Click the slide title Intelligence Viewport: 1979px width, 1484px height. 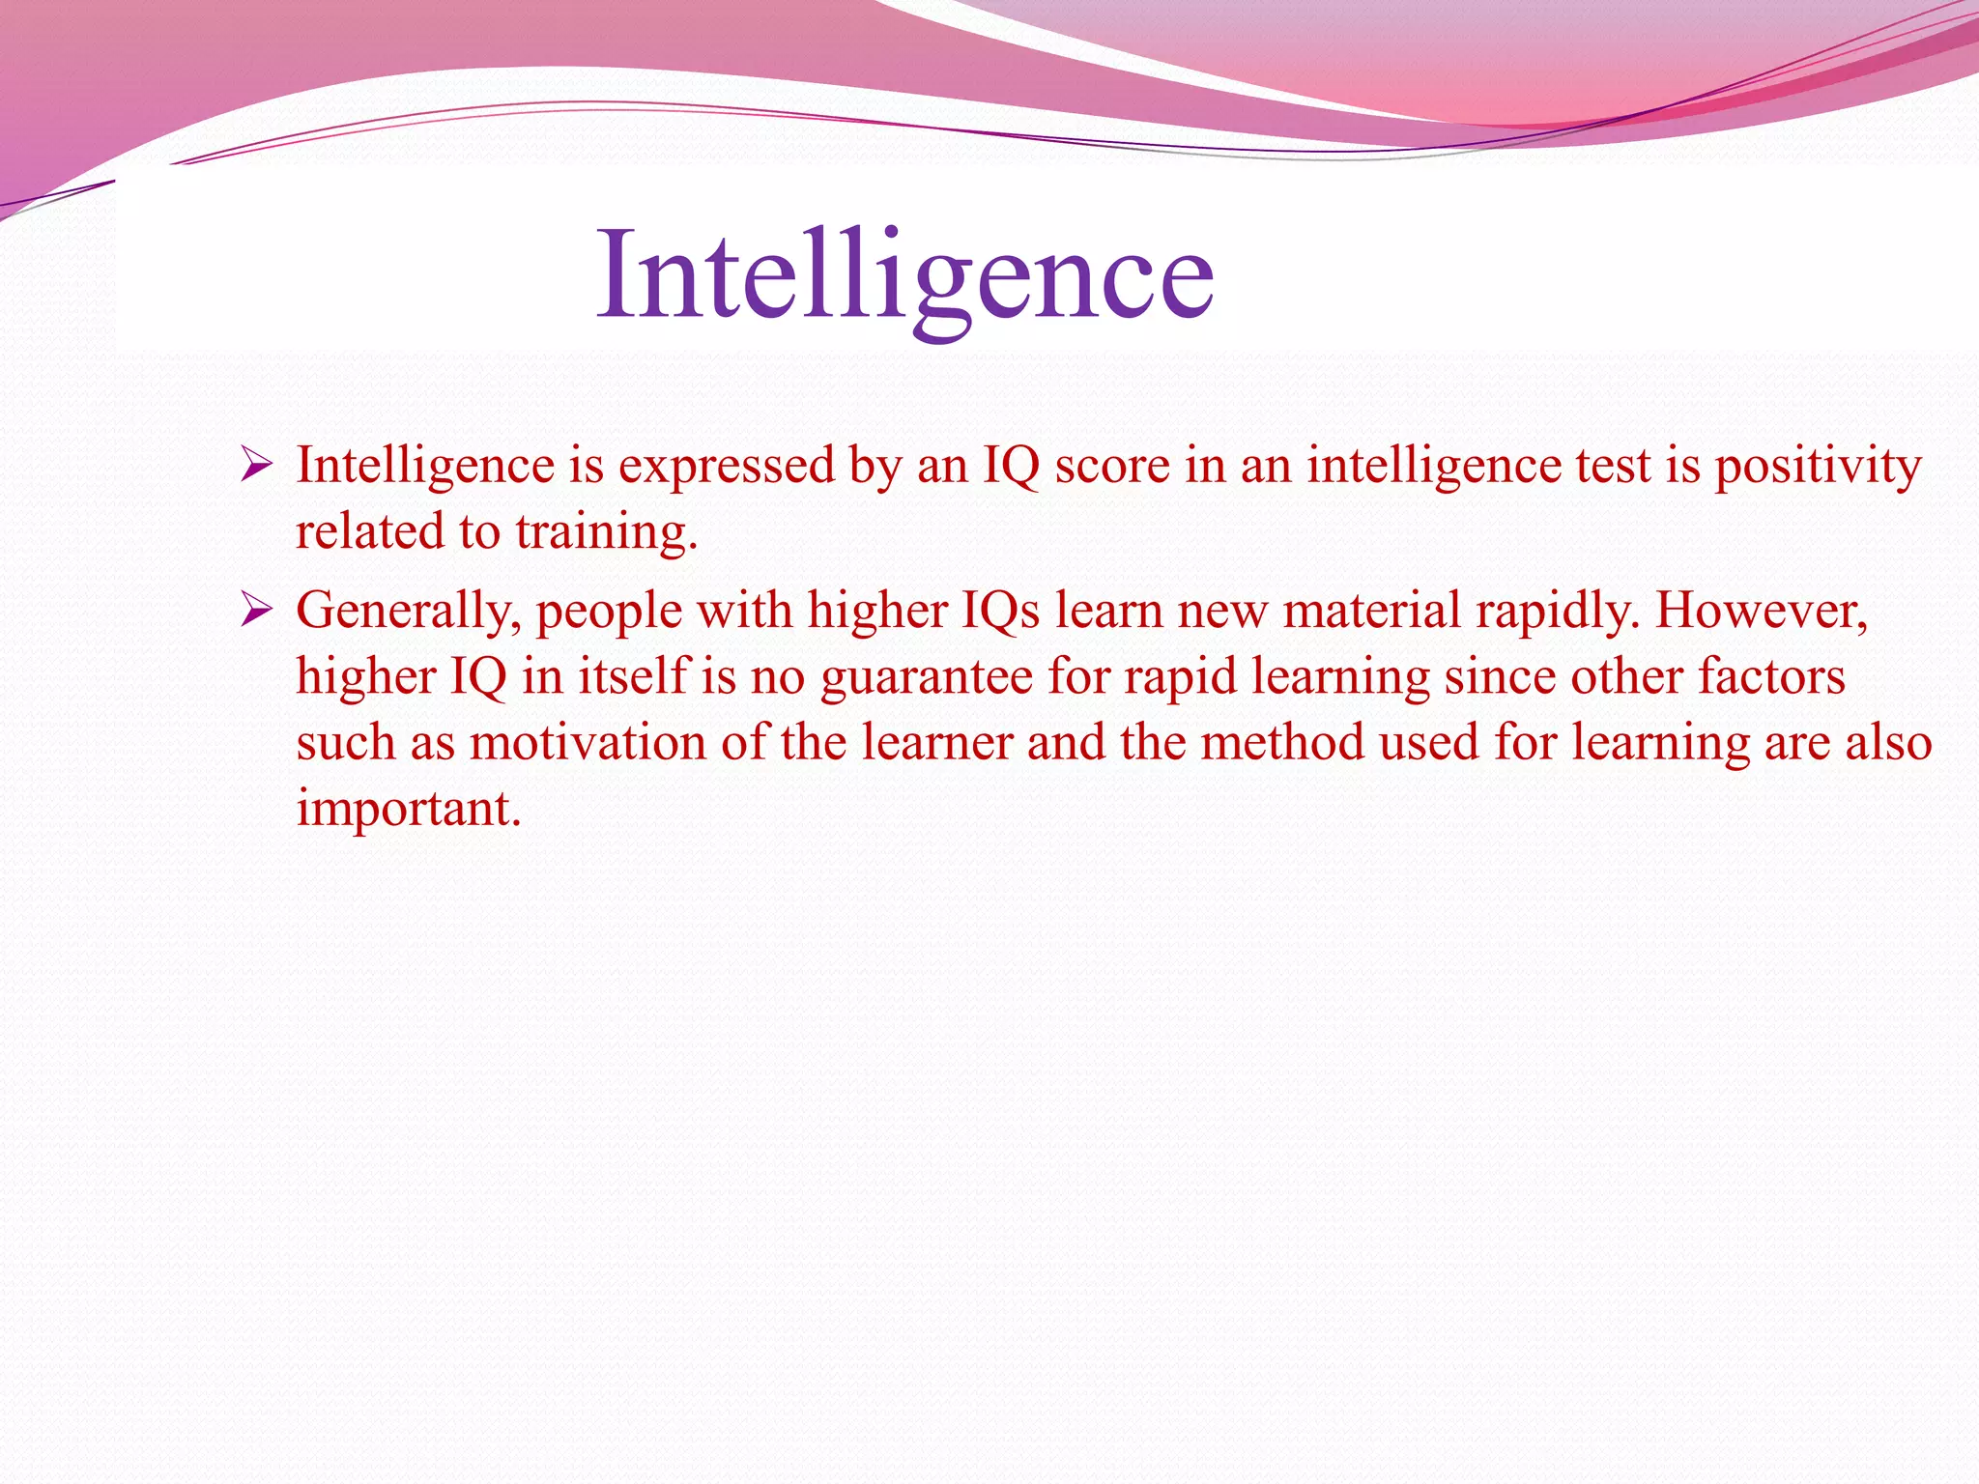coord(904,277)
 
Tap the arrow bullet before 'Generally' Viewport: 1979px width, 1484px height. coord(257,611)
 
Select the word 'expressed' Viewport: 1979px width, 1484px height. coord(726,467)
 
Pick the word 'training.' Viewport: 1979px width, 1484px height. coord(606,533)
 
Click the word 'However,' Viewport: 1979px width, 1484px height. coord(1762,611)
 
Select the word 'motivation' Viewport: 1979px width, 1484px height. coord(588,743)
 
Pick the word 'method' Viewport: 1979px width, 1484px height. coord(1281,743)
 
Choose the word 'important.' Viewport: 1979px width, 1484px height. coord(409,810)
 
